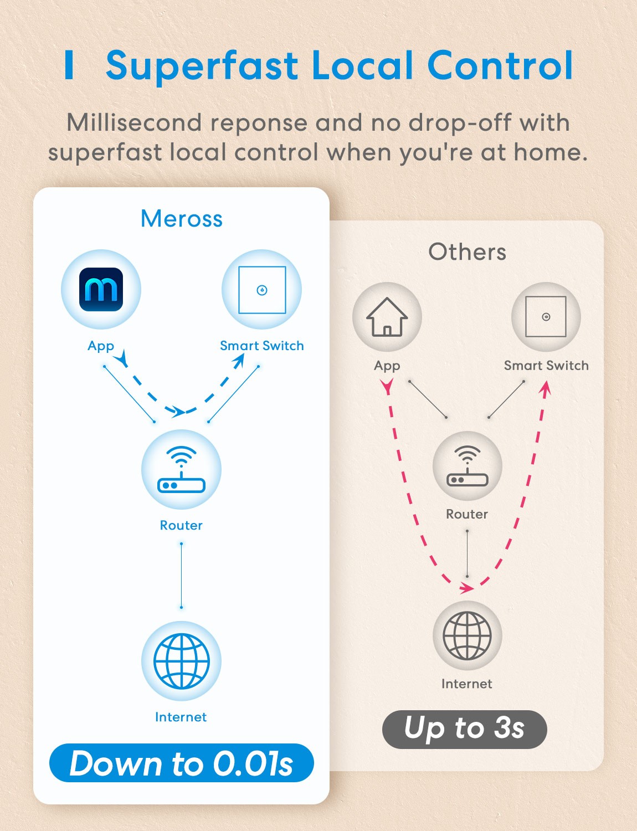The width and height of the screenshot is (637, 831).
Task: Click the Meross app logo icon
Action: tap(101, 289)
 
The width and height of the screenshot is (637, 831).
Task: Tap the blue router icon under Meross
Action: tap(181, 469)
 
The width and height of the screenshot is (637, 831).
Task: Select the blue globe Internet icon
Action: tap(181, 661)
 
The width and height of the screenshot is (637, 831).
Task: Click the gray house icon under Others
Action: tap(387, 317)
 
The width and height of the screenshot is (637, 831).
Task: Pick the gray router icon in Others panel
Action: tap(468, 466)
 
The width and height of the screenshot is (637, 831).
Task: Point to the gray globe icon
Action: tap(468, 635)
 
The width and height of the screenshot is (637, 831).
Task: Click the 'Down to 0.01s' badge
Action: tap(182, 763)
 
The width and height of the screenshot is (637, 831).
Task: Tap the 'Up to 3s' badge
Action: tap(465, 729)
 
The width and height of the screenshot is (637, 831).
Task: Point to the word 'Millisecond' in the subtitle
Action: tap(134, 122)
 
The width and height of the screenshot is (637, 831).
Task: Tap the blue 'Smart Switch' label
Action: tap(262, 346)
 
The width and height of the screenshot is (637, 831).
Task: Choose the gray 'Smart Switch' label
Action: tap(546, 365)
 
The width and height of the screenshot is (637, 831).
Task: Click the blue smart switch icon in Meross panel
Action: tap(262, 290)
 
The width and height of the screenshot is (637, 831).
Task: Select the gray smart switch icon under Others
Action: tap(546, 317)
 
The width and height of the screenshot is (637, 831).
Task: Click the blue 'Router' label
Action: tap(181, 525)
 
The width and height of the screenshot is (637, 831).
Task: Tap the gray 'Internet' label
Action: tap(467, 684)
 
